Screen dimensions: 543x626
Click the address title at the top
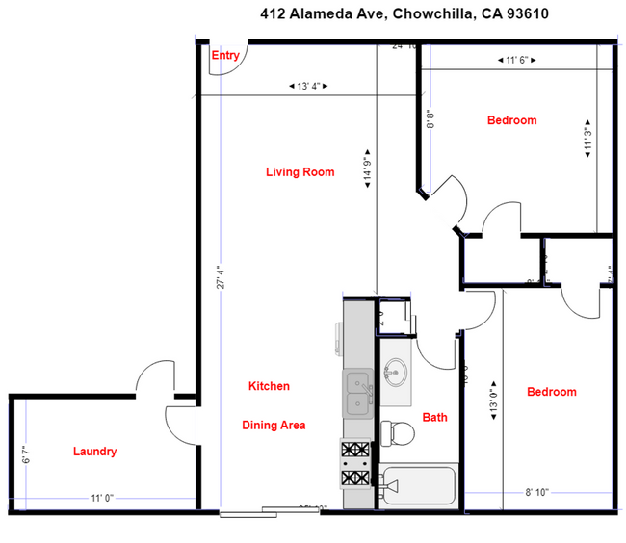coord(392,14)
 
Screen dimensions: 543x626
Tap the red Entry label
coord(225,56)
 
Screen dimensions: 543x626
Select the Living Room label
coord(300,172)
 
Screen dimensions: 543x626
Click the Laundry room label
coord(94,452)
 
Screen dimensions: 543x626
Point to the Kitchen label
coord(269,386)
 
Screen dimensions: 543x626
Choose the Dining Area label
coord(274,425)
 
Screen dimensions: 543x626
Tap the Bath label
coord(435,418)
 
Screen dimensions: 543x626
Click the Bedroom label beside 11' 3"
coord(511,120)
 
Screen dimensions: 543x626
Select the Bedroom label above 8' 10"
coord(551,392)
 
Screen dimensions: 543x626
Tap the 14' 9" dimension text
coord(368,171)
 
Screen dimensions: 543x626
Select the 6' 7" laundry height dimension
coord(26,452)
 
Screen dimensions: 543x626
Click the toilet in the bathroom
coord(398,435)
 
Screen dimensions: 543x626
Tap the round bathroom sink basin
coord(395,371)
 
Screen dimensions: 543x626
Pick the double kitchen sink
coord(357,393)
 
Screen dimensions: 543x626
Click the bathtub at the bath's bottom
coord(418,487)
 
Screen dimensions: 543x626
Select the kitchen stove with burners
coord(353,463)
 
